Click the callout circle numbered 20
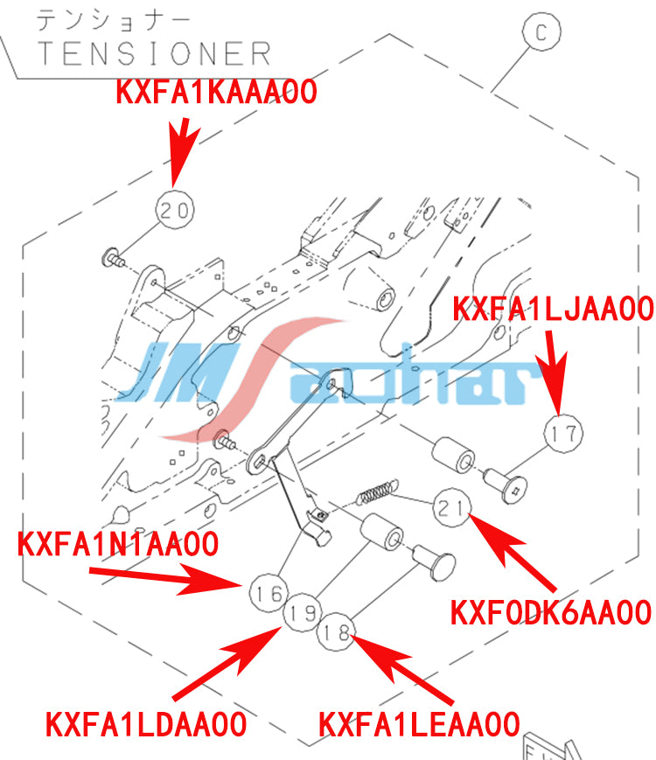(175, 211)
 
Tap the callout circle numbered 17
(563, 434)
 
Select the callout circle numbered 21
(452, 508)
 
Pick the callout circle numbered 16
(269, 593)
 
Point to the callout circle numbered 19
(302, 612)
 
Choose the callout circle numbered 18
(336, 631)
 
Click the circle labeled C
(541, 31)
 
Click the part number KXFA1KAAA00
(216, 92)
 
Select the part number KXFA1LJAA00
(553, 309)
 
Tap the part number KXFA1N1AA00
(118, 544)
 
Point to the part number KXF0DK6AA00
(551, 612)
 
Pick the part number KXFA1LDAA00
(146, 725)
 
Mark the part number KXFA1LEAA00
(419, 725)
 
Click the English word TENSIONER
(154, 54)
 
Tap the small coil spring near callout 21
(378, 492)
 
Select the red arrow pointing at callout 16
(166, 579)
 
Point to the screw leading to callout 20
(113, 257)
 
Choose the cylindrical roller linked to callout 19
(381, 532)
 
